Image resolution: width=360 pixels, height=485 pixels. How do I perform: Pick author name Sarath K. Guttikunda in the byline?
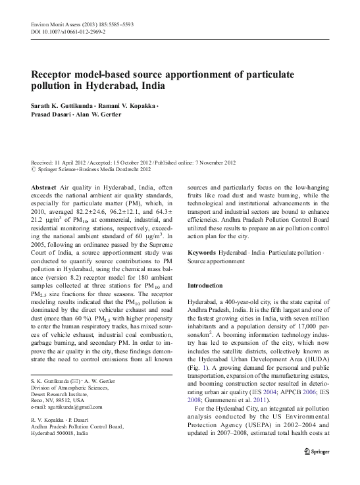click(x=63, y=107)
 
